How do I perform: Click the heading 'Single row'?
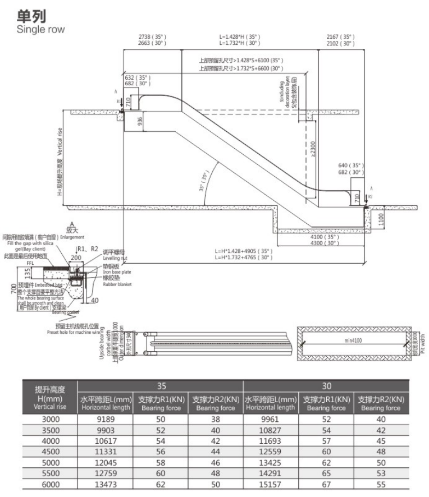click(42, 29)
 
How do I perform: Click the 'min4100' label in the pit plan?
click(355, 340)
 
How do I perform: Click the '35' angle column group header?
click(161, 386)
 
